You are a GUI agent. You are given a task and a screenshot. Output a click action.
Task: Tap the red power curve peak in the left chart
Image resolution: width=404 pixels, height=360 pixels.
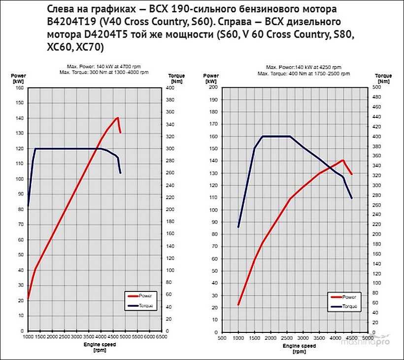(118, 117)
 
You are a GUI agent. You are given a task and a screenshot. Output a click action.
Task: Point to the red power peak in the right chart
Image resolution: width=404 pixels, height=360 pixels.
(342, 160)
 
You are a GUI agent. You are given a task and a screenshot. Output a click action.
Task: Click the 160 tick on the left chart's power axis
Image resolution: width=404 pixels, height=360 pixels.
(20, 88)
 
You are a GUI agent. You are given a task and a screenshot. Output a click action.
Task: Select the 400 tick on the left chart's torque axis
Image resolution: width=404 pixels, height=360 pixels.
(169, 88)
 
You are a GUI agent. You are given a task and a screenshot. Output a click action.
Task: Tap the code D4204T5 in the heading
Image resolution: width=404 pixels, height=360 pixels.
(83, 35)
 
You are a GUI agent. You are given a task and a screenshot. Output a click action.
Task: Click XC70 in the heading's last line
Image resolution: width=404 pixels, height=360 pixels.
(89, 47)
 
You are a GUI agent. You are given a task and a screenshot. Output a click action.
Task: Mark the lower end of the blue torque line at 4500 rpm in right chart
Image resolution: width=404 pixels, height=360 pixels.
(351, 198)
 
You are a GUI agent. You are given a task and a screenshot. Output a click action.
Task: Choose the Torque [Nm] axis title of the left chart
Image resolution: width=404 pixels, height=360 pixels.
(176, 78)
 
